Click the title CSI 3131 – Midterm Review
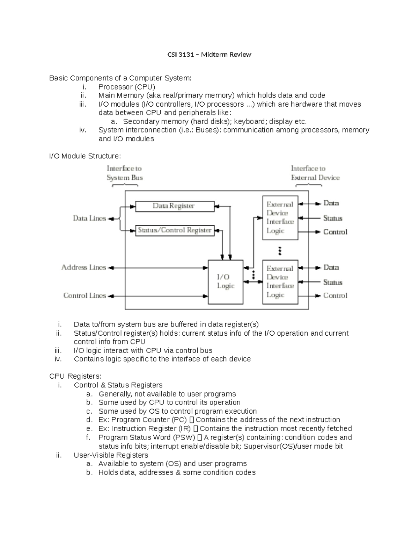209,55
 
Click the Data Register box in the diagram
175,206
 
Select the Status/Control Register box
175,230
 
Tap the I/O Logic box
226,282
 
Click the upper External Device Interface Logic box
280,217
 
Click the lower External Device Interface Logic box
280,282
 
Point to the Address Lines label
84,267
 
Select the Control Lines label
84,296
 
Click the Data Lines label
89,219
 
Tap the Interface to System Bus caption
125,173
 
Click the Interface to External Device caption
315,173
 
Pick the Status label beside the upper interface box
332,219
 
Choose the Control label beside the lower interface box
335,296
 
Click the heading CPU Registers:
75,376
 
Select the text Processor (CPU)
127,87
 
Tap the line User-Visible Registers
111,455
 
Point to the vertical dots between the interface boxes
280,250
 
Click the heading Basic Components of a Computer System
120,78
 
